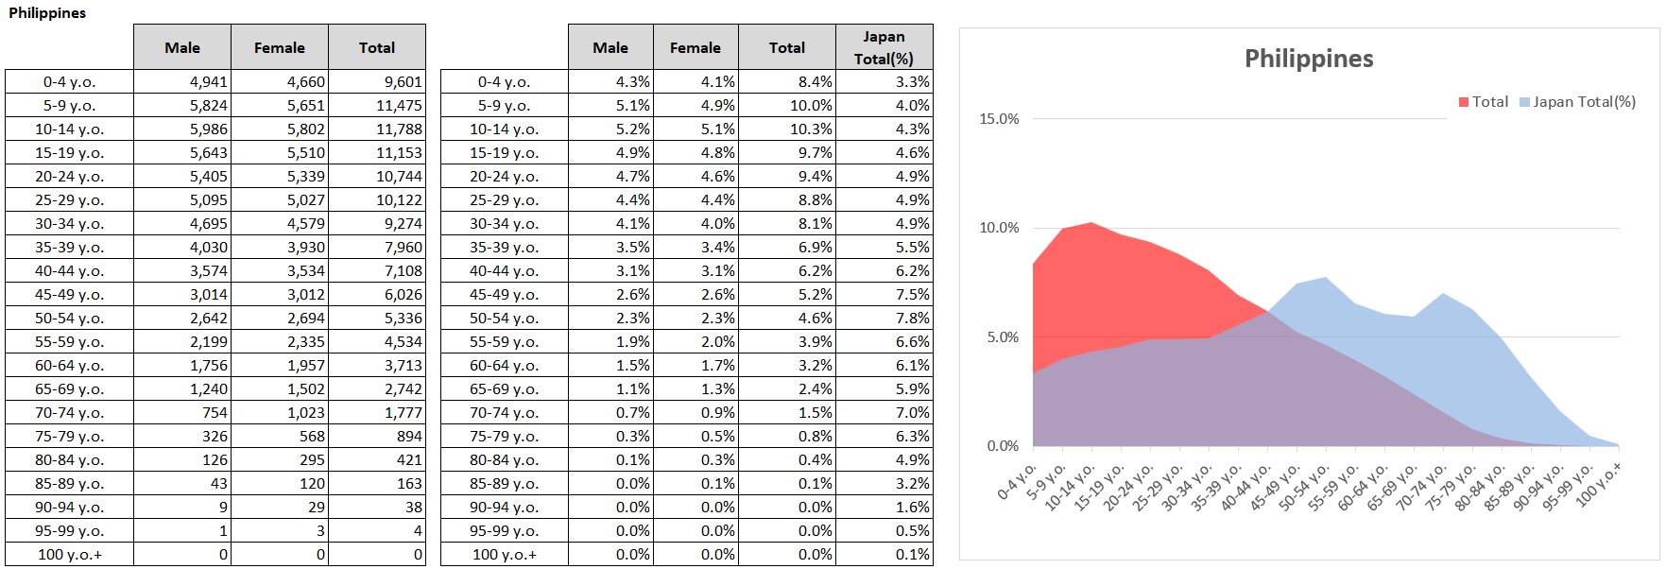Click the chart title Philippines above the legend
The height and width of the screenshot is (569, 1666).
pos(1308,59)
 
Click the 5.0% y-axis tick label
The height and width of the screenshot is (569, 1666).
pos(1003,337)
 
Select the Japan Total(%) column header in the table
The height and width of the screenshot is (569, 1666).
pos(884,47)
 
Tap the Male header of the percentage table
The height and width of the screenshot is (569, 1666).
pos(610,47)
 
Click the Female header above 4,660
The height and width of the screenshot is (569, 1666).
pos(280,47)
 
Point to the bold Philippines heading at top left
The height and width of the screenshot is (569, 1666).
pos(47,13)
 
